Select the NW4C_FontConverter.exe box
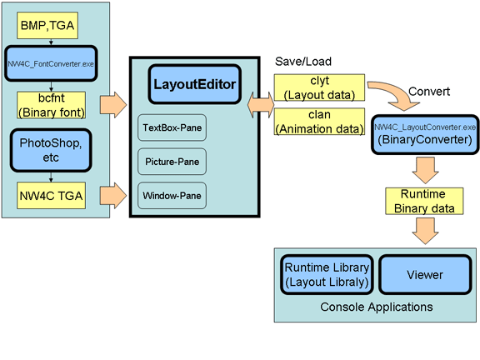[53, 62]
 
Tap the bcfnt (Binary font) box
[51, 105]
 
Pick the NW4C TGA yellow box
[52, 197]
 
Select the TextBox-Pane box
[172, 129]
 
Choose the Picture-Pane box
[172, 162]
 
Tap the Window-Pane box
[172, 196]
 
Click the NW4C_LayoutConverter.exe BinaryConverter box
[425, 133]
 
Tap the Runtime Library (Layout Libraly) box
[326, 274]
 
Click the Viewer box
[425, 274]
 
